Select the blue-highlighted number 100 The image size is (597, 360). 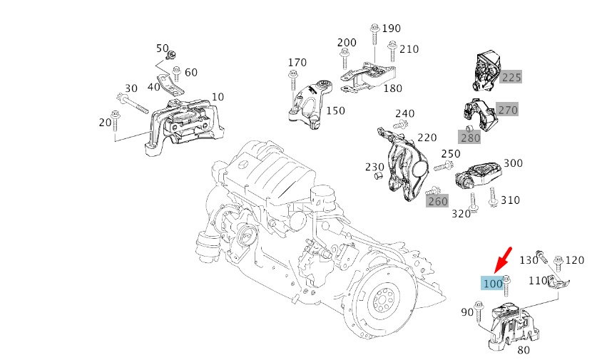pyautogui.click(x=493, y=284)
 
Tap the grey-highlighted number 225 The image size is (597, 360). pyautogui.click(x=511, y=78)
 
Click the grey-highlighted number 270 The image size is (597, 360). pyautogui.click(x=507, y=110)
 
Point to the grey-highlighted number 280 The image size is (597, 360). pyautogui.click(x=470, y=138)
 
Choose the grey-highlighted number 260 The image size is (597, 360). pyautogui.click(x=437, y=201)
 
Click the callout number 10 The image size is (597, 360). pyautogui.click(x=218, y=97)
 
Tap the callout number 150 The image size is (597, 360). pyautogui.click(x=335, y=110)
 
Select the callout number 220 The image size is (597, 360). pyautogui.click(x=427, y=137)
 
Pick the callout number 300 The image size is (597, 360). pyautogui.click(x=513, y=163)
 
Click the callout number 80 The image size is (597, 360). pyautogui.click(x=523, y=350)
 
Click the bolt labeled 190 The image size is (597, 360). pyautogui.click(x=374, y=41)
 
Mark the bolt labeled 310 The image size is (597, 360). pyautogui.click(x=493, y=197)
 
